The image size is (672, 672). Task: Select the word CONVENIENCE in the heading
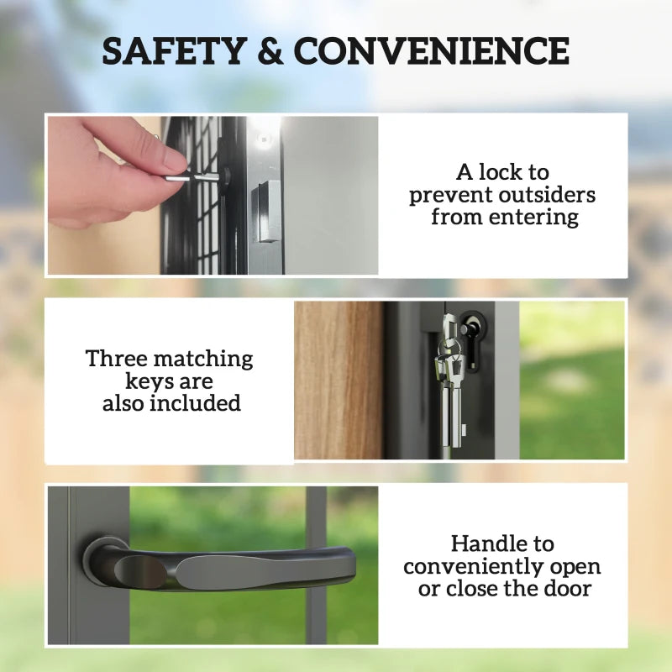(432, 51)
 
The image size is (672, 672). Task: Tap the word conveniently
(501, 567)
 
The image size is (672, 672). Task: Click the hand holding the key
(109, 172)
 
